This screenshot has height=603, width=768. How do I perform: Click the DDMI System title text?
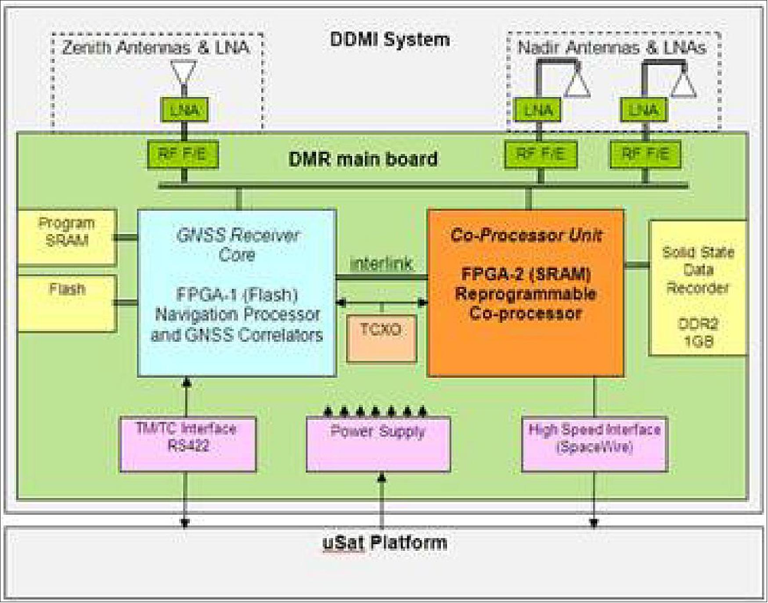pyautogui.click(x=389, y=40)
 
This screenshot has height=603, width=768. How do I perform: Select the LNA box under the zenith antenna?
pyautogui.click(x=184, y=110)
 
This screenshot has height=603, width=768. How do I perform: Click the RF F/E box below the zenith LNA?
pyautogui.click(x=182, y=155)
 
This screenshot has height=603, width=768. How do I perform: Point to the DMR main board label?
pyautogui.click(x=363, y=159)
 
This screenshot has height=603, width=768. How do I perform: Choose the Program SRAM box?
pyautogui.click(x=67, y=237)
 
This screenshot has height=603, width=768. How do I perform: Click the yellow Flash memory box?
pyautogui.click(x=67, y=303)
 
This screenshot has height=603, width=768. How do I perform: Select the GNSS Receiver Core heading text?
pyautogui.click(x=238, y=244)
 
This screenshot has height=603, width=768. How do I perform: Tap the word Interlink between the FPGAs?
pyautogui.click(x=381, y=264)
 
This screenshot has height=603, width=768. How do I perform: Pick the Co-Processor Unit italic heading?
pyautogui.click(x=526, y=235)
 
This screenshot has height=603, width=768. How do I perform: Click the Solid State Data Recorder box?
pyautogui.click(x=698, y=288)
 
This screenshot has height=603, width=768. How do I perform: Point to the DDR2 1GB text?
pyautogui.click(x=698, y=332)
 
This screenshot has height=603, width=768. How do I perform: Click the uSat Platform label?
pyautogui.click(x=385, y=543)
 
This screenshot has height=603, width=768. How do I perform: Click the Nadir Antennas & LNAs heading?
pyautogui.click(x=612, y=47)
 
